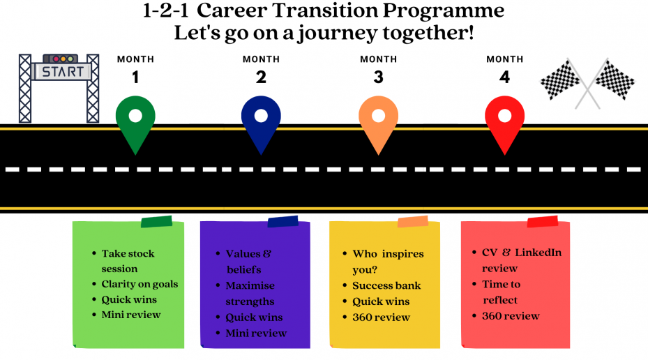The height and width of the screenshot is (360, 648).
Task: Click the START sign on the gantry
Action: point(61,71)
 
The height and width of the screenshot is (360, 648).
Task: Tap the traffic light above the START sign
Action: point(61,59)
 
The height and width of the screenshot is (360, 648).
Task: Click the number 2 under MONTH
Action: point(261,77)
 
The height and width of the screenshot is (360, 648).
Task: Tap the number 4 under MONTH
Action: point(504,77)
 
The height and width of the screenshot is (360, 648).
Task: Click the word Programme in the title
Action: point(444,11)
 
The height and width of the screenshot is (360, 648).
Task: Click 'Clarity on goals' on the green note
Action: point(140,285)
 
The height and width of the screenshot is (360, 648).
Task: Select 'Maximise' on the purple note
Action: point(250,285)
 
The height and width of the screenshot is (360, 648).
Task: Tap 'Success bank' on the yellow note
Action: point(386,285)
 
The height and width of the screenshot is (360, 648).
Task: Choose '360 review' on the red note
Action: point(511,316)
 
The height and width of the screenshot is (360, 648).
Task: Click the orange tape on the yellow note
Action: point(413,222)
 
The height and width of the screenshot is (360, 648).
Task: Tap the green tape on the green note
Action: point(157,222)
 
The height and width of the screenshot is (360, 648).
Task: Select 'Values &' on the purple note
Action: point(248,254)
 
